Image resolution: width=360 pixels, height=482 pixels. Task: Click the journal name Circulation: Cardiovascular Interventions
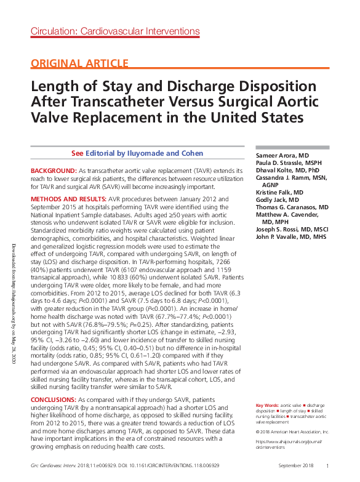[115, 31]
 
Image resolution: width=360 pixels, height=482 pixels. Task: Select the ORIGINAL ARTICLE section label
[80, 63]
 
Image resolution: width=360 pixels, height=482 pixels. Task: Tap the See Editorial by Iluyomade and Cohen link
[137, 153]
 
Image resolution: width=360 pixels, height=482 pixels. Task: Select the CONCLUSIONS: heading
[54, 400]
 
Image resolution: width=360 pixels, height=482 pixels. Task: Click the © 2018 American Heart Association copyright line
[292, 432]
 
